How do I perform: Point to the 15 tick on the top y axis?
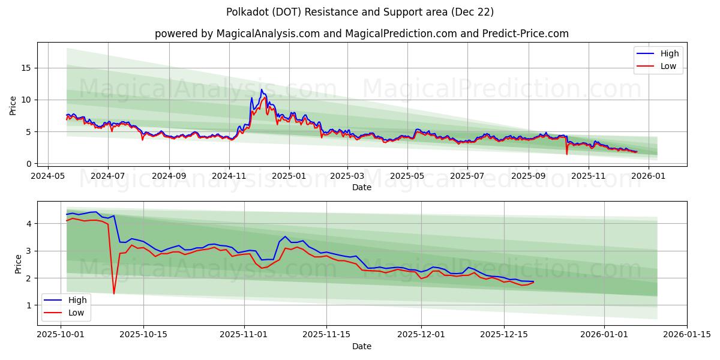click(x=27, y=68)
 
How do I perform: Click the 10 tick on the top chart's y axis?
click(x=27, y=100)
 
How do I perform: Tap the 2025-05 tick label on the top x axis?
click(x=407, y=176)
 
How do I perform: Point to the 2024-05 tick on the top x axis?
click(x=48, y=176)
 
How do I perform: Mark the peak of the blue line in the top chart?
click(x=261, y=89)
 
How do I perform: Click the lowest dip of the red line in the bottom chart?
click(x=114, y=293)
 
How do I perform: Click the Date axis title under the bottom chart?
click(x=361, y=346)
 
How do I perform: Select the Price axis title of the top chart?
click(x=13, y=105)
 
